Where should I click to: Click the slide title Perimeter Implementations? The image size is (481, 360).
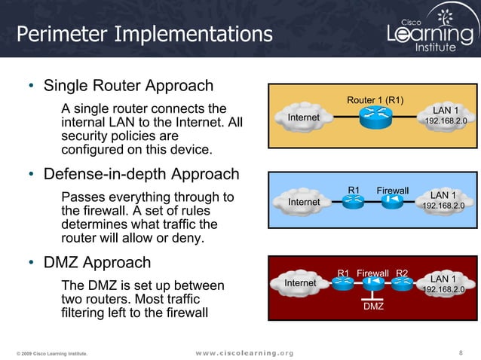(145, 34)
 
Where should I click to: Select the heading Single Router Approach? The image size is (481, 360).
(128, 85)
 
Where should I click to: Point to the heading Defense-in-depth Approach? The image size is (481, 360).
(141, 175)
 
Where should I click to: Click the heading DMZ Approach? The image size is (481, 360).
(97, 263)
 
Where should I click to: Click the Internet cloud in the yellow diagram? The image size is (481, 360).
(304, 118)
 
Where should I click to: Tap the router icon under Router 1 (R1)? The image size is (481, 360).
(375, 118)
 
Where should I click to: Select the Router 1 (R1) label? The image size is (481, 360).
(375, 100)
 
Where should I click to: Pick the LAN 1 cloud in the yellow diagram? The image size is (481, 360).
(445, 116)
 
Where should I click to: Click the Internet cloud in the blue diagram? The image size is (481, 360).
(304, 202)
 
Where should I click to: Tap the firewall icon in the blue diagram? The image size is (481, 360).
(392, 202)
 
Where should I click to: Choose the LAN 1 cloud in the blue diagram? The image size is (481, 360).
(443, 200)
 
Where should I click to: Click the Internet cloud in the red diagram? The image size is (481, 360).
(300, 283)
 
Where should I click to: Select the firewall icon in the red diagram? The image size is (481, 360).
(372, 283)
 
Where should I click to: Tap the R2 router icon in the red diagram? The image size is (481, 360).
(402, 283)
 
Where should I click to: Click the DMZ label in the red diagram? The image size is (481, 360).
(373, 307)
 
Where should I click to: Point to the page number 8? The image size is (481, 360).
(461, 352)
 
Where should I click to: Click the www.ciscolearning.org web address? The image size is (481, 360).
(245, 352)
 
